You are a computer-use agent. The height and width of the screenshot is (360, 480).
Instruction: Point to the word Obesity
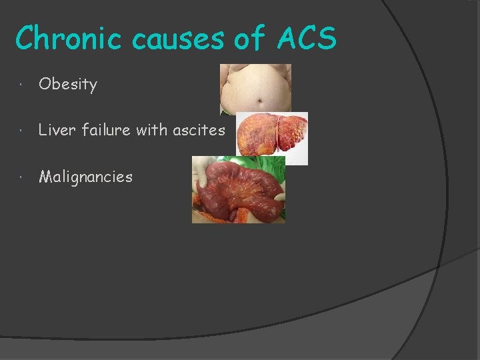pos(68,85)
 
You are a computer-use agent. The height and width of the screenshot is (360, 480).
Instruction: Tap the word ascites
pos(199,130)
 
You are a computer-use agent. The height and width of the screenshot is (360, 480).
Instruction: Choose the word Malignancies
pos(86,177)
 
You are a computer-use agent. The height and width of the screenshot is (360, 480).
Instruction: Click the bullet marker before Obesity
pos(23,85)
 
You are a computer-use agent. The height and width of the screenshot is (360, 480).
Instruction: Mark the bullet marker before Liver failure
pos(23,131)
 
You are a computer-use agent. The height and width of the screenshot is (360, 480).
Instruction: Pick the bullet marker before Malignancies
pos(23,177)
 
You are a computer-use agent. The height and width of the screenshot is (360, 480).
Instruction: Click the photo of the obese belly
pos(255,89)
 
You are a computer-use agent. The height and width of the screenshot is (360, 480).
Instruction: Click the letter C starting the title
pos(25,39)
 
